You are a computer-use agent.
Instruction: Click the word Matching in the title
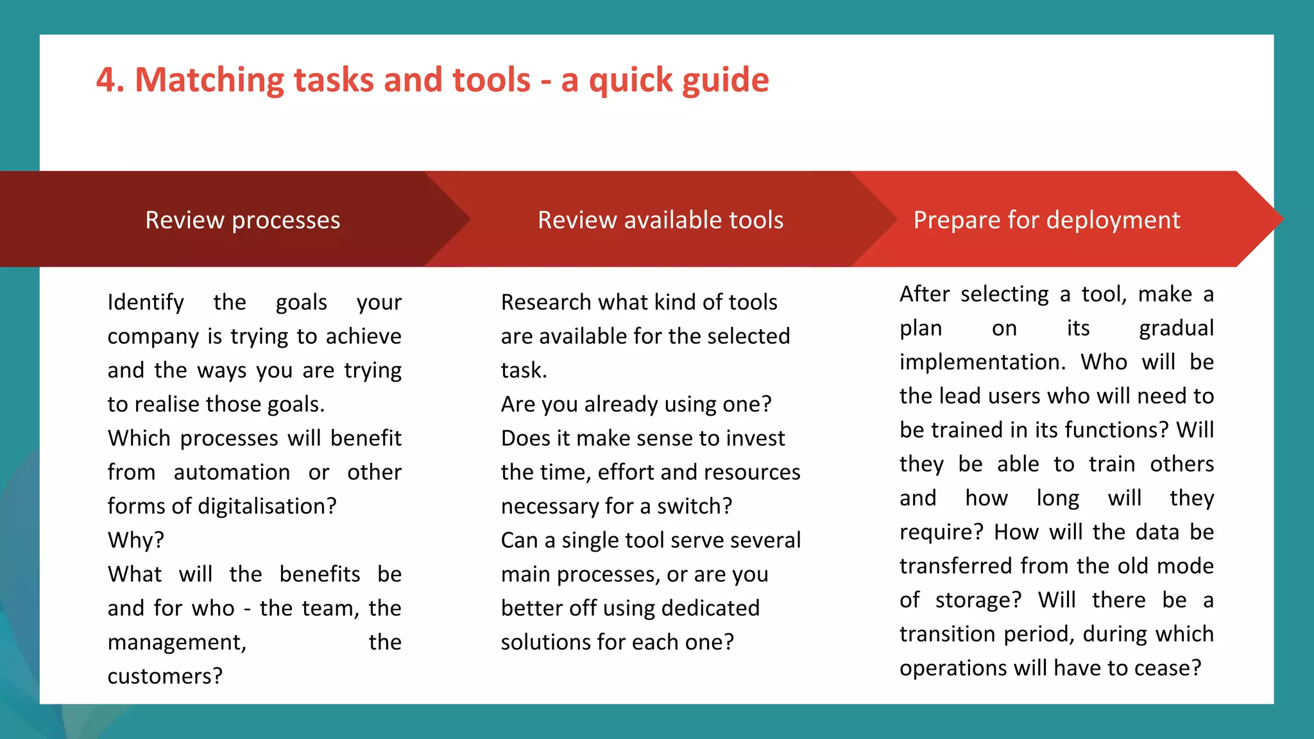tap(209, 81)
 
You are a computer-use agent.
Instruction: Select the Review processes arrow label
tap(243, 220)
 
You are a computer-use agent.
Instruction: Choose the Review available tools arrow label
tap(660, 220)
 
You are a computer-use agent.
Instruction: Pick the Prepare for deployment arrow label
tap(1046, 220)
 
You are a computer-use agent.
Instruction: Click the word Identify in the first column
tap(146, 302)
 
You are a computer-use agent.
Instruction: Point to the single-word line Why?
tap(136, 540)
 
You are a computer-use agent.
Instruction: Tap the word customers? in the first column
tap(165, 676)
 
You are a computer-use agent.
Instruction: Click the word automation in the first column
tap(232, 472)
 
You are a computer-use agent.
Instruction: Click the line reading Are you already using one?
tap(636, 404)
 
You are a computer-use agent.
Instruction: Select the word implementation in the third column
tap(982, 362)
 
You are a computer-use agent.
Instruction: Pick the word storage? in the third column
tap(978, 600)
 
